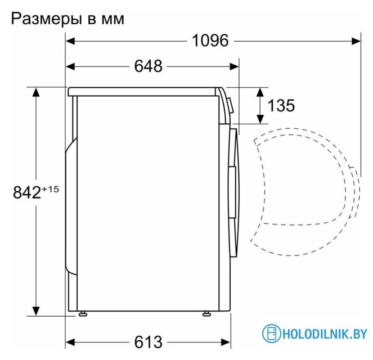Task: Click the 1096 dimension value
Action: [210, 40]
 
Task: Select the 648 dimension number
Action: [148, 66]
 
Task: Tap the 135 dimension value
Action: [281, 105]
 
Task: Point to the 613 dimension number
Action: [149, 341]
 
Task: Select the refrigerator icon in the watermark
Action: [272, 334]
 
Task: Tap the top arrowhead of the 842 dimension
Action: [37, 92]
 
